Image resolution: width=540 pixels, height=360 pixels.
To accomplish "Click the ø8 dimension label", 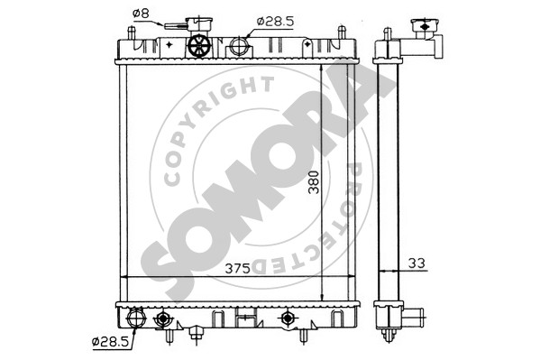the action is click(x=140, y=14).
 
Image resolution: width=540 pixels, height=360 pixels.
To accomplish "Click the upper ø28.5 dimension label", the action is click(x=275, y=22).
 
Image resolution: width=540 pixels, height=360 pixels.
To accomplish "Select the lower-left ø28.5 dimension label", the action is click(x=110, y=342).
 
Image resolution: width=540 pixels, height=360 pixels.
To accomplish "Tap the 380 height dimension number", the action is click(x=314, y=182).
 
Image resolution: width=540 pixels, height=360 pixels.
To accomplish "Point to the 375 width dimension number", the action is click(x=237, y=268).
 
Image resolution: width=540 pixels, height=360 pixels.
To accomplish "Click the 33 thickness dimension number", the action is click(x=416, y=263).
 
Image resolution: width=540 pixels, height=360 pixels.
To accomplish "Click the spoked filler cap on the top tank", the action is click(x=200, y=45).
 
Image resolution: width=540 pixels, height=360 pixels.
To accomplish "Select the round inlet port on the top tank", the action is click(x=239, y=46).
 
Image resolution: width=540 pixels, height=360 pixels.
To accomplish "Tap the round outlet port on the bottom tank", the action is click(x=136, y=318).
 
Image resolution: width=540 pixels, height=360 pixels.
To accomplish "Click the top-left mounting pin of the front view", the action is click(x=132, y=32).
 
